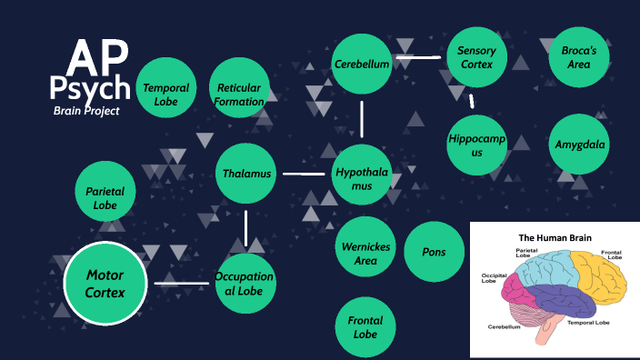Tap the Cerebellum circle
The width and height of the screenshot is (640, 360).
(362, 64)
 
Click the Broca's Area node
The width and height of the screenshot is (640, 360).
(575, 57)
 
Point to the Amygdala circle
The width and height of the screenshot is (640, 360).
(581, 145)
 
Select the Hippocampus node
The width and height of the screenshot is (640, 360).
(476, 145)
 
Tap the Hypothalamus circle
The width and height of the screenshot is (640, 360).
(363, 173)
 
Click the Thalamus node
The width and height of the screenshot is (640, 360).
(247, 173)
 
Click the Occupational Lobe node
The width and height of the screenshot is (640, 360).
(244, 283)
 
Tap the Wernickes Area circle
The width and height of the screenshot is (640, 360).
(366, 252)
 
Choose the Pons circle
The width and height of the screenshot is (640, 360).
(434, 252)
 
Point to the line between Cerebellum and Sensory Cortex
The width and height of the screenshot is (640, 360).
(418, 57)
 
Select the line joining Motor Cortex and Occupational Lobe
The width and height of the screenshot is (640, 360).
(182, 283)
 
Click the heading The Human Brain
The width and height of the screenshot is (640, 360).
(555, 238)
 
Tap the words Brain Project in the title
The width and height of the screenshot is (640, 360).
(86, 110)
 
